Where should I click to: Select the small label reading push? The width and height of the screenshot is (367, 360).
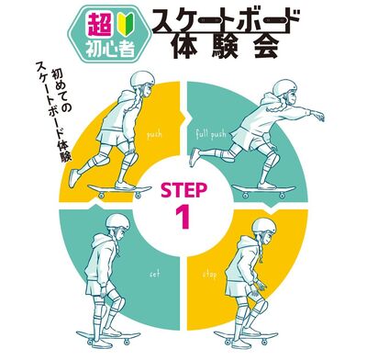click(155, 134)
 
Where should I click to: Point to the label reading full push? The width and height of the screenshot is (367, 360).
click(211, 134)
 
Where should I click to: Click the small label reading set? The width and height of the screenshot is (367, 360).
click(155, 273)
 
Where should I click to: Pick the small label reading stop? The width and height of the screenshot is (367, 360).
click(209, 273)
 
